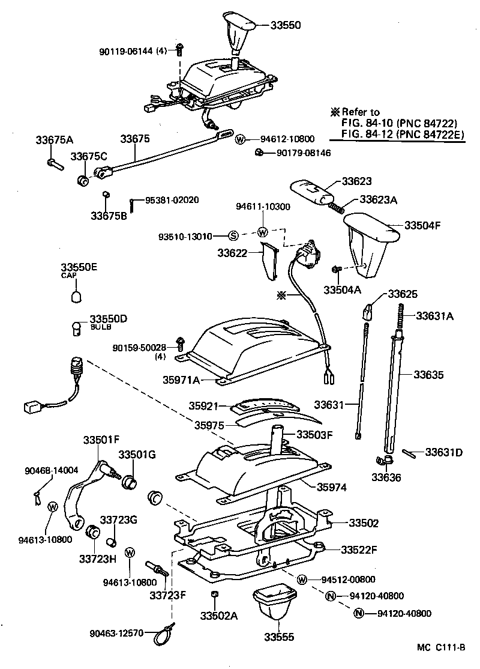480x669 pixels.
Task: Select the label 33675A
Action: pyautogui.click(x=54, y=140)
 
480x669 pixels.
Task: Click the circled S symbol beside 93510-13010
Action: pyautogui.click(x=234, y=235)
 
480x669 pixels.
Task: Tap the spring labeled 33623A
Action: pyautogui.click(x=337, y=206)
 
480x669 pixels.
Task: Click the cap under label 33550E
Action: pyautogui.click(x=77, y=296)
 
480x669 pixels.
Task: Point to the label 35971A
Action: pyautogui.click(x=180, y=380)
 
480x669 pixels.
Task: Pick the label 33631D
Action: pyautogui.click(x=444, y=452)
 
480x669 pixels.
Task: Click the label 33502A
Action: pyautogui.click(x=220, y=616)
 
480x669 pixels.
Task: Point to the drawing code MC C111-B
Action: pyautogui.click(x=443, y=647)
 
